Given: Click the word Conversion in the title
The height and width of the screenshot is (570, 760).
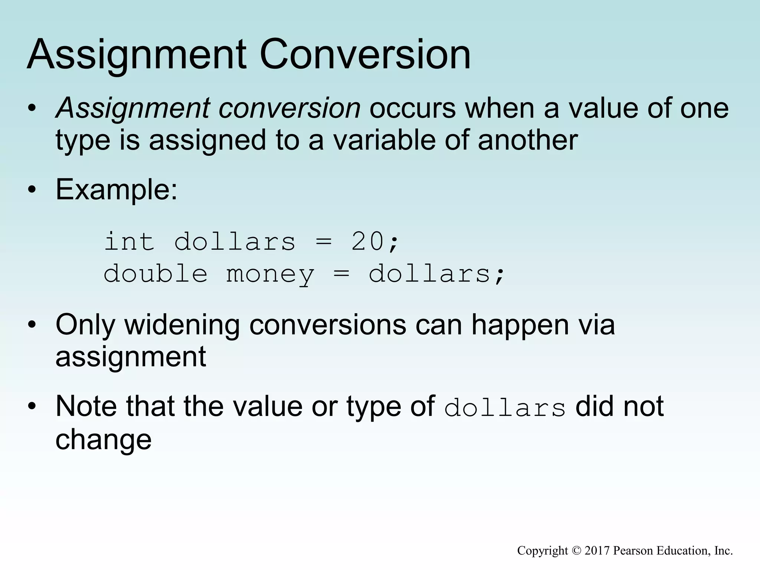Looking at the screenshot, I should click(x=365, y=55).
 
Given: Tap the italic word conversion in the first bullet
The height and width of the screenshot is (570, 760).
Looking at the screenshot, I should click(x=289, y=108).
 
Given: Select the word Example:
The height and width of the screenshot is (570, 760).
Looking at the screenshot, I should click(x=117, y=190).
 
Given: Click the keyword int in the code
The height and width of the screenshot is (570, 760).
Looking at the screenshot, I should click(x=129, y=242).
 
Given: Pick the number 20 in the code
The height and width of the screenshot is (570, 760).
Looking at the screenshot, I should click(x=367, y=242).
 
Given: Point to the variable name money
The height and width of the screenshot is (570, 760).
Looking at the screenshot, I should click(x=270, y=275).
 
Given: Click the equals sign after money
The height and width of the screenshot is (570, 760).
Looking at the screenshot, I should click(x=341, y=274).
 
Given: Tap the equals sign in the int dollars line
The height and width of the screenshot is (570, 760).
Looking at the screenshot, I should click(x=323, y=242).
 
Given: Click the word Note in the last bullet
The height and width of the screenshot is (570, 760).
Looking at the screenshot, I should click(x=87, y=406).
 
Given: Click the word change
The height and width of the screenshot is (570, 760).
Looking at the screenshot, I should click(x=104, y=440).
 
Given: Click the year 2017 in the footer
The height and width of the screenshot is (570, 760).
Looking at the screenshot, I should click(x=597, y=551).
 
